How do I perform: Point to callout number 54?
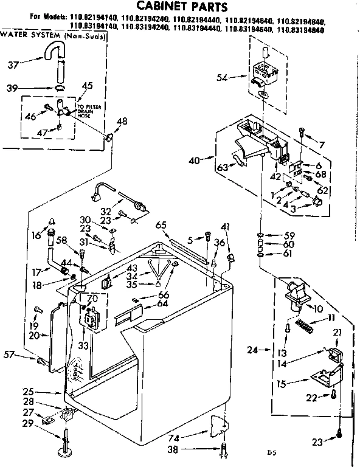click(223, 77)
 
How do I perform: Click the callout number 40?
click(194, 161)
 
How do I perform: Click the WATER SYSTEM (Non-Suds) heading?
click(54, 35)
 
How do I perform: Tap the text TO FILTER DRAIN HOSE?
click(85, 112)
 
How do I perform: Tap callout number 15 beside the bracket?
click(281, 383)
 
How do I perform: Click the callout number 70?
click(91, 298)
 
